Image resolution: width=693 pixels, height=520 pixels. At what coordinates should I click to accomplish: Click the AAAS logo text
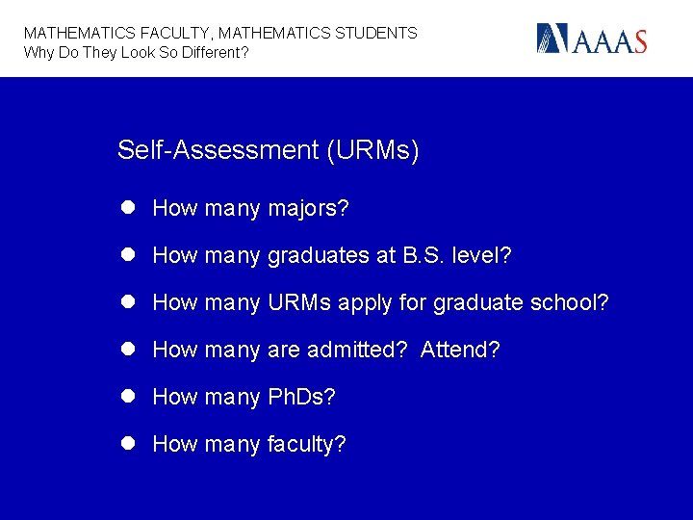612,40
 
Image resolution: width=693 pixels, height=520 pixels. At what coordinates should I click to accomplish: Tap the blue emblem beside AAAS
553,39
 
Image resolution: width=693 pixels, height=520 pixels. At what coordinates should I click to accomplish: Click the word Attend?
460,350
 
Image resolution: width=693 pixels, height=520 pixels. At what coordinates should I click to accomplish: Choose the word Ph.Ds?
301,397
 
